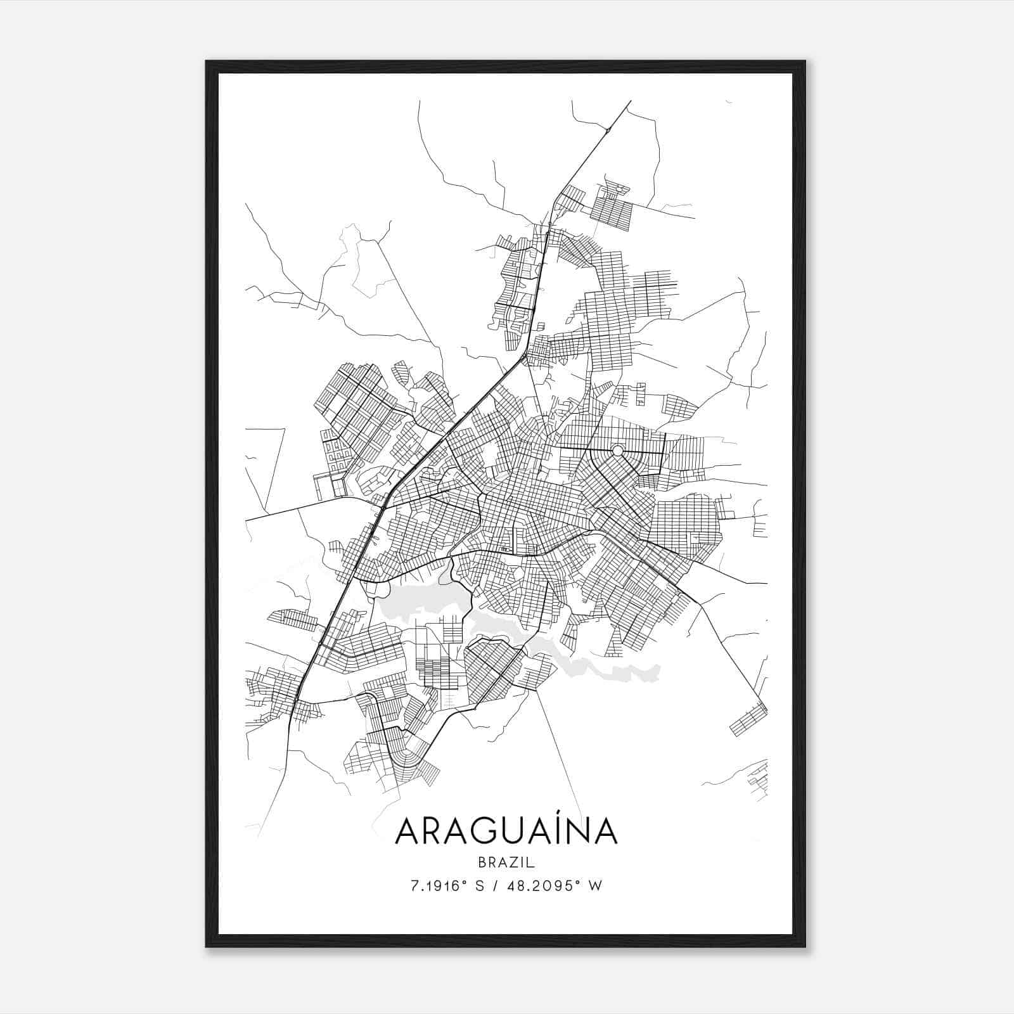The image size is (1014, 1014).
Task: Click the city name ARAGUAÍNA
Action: (506, 831)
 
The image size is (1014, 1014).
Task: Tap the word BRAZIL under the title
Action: (506, 863)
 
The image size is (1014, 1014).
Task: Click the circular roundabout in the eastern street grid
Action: (617, 450)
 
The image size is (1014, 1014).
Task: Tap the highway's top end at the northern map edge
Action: (631, 101)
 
